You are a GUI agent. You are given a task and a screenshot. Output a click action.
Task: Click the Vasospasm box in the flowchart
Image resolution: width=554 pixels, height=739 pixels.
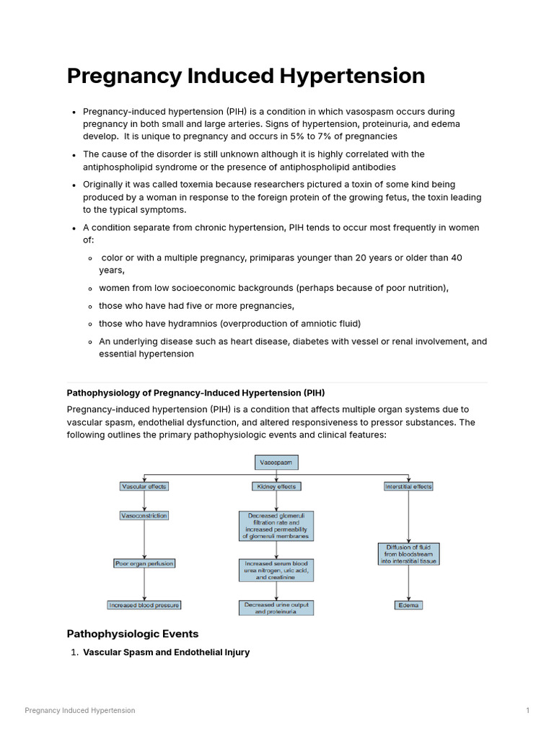click(276, 462)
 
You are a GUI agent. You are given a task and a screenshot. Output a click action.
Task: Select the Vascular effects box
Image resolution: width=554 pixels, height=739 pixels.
click(144, 486)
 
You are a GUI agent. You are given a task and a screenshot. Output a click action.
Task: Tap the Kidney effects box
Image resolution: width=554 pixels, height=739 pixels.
click(276, 486)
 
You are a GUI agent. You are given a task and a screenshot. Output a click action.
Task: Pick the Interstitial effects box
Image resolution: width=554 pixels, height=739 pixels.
click(408, 486)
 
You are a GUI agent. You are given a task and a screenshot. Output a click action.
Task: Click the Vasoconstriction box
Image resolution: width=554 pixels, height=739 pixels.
click(144, 516)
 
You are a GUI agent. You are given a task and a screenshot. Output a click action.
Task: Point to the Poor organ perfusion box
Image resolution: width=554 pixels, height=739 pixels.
click(144, 563)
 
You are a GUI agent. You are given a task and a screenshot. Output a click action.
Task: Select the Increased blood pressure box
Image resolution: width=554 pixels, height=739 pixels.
click(144, 605)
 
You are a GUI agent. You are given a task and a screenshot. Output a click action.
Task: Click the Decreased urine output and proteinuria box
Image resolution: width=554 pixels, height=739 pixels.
click(276, 608)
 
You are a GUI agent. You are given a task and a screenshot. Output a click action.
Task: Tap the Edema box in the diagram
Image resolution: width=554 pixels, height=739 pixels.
click(408, 605)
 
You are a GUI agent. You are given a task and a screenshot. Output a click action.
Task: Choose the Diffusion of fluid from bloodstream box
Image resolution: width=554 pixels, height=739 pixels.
click(408, 554)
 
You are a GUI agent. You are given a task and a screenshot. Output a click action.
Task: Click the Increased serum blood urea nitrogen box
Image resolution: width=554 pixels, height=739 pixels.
click(276, 570)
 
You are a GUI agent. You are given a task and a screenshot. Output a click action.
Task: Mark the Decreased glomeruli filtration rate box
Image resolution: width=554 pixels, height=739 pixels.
click(276, 526)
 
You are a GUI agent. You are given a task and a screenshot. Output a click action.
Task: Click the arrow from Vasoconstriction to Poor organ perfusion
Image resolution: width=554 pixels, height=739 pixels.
click(144, 540)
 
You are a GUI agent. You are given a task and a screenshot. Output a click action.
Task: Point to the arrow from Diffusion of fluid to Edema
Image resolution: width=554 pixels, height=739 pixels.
click(408, 582)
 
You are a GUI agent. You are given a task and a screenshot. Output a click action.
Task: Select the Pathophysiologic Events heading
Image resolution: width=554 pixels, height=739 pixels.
click(133, 634)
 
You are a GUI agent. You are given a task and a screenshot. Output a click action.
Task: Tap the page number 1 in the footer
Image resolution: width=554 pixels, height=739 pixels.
click(528, 710)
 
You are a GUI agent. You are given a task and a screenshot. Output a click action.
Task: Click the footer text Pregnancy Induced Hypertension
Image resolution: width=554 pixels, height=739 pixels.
click(79, 710)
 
